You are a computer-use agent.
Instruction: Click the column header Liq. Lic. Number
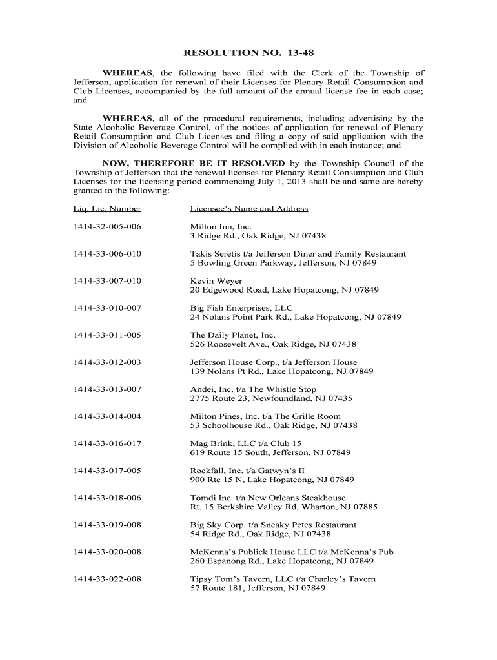(x=107, y=209)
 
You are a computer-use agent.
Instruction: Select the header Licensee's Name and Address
(x=249, y=209)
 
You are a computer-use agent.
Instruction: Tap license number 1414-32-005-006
(x=107, y=227)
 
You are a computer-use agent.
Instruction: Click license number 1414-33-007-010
(x=107, y=281)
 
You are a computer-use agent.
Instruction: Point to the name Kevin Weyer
(x=216, y=281)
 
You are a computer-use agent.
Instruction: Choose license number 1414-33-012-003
(x=107, y=362)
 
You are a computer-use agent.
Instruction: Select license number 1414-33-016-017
(x=107, y=443)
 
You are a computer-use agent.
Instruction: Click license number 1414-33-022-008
(x=107, y=579)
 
